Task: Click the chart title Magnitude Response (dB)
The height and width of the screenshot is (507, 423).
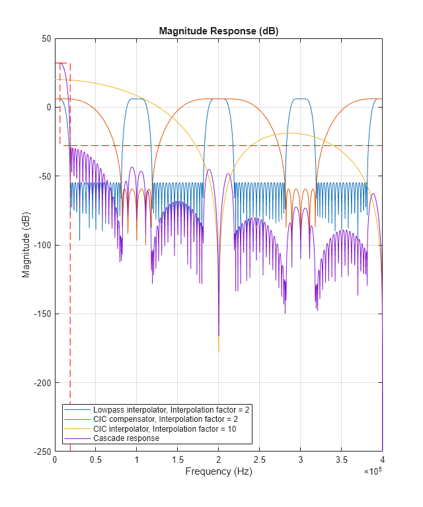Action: point(218,32)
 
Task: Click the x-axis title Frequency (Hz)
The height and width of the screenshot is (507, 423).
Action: point(218,471)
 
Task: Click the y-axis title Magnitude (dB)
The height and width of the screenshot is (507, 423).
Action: point(26,245)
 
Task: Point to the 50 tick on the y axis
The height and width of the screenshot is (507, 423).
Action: point(47,38)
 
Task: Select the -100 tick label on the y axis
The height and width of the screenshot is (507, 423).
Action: point(43,245)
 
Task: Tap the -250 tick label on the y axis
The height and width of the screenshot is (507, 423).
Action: point(43,452)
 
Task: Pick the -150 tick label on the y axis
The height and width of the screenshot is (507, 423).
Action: point(43,314)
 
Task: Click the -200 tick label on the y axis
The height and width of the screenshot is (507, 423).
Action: point(43,383)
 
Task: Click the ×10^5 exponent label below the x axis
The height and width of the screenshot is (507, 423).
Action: point(373,471)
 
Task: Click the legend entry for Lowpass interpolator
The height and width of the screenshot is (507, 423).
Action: point(171,410)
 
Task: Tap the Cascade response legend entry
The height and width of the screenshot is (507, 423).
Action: point(126,438)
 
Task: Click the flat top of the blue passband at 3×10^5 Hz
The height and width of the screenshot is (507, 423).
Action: point(300,99)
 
